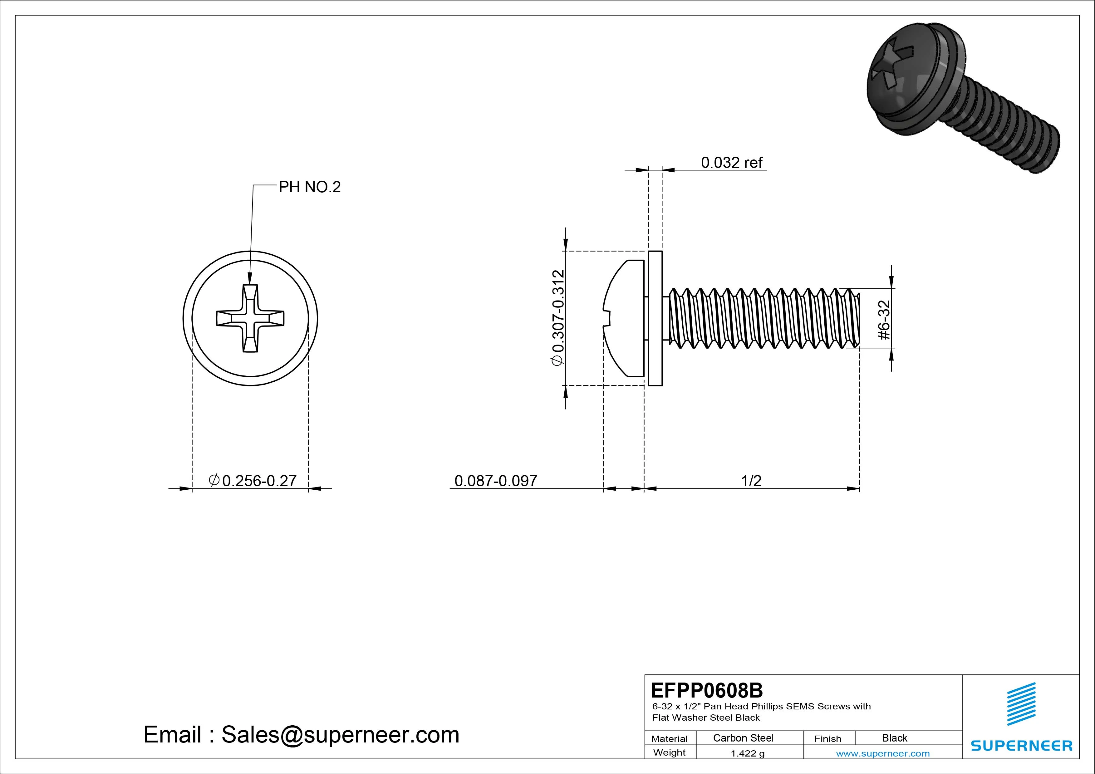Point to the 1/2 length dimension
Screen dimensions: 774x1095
751,481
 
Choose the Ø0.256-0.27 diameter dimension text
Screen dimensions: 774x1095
253,480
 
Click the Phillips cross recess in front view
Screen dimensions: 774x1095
250,319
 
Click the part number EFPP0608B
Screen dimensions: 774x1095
706,690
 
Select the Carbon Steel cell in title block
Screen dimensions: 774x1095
743,738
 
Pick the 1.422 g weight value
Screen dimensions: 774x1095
747,753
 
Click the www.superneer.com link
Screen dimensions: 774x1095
883,753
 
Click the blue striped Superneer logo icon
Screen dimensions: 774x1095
1021,703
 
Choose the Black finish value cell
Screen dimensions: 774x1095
894,738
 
